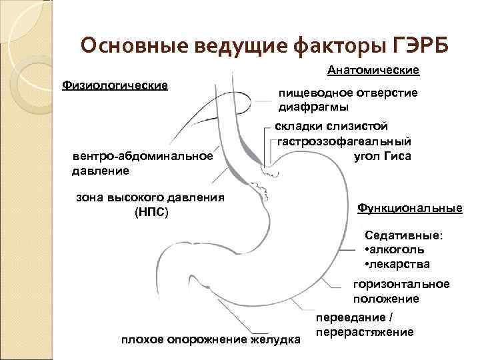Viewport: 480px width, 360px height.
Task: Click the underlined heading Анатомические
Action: coord(373,70)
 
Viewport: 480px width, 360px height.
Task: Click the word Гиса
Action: coord(397,156)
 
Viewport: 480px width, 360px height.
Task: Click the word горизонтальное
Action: coord(401,285)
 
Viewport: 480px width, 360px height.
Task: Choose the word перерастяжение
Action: coord(365,332)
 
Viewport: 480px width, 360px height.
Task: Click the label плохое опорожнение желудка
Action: coord(211,340)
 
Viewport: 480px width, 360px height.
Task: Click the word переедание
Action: coord(352,318)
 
